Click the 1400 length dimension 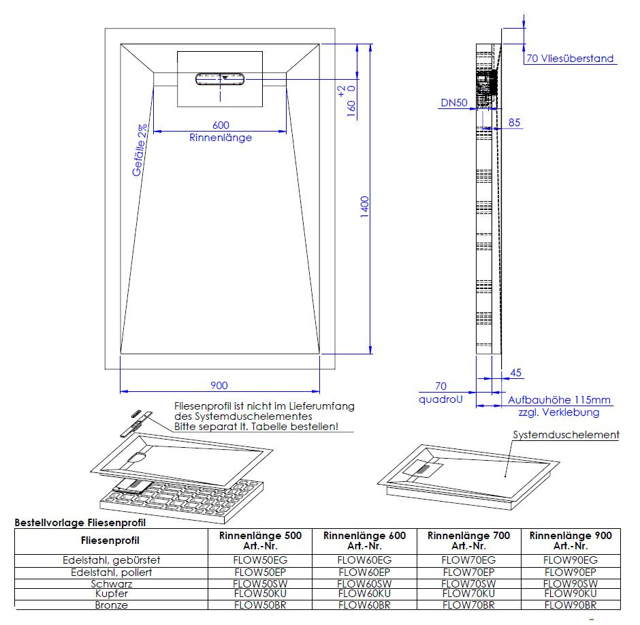[x=365, y=207]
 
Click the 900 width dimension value [x=219, y=385]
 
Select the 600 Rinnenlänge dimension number [x=221, y=125]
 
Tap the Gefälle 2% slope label [x=140, y=150]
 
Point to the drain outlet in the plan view [x=220, y=79]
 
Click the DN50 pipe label [x=454, y=102]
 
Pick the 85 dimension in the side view [x=514, y=123]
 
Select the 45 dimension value [x=516, y=373]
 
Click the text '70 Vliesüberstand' [x=570, y=59]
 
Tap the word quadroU [x=441, y=399]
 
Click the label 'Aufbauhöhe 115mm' [x=559, y=400]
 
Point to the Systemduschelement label [x=566, y=435]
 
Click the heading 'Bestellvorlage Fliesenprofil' [x=80, y=523]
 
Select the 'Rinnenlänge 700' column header [x=468, y=536]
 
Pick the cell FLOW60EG [x=364, y=560]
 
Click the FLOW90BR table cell [x=571, y=605]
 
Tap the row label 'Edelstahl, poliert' [x=112, y=573]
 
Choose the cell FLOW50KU [x=260, y=594]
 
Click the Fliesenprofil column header [x=110, y=540]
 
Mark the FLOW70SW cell [x=468, y=583]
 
